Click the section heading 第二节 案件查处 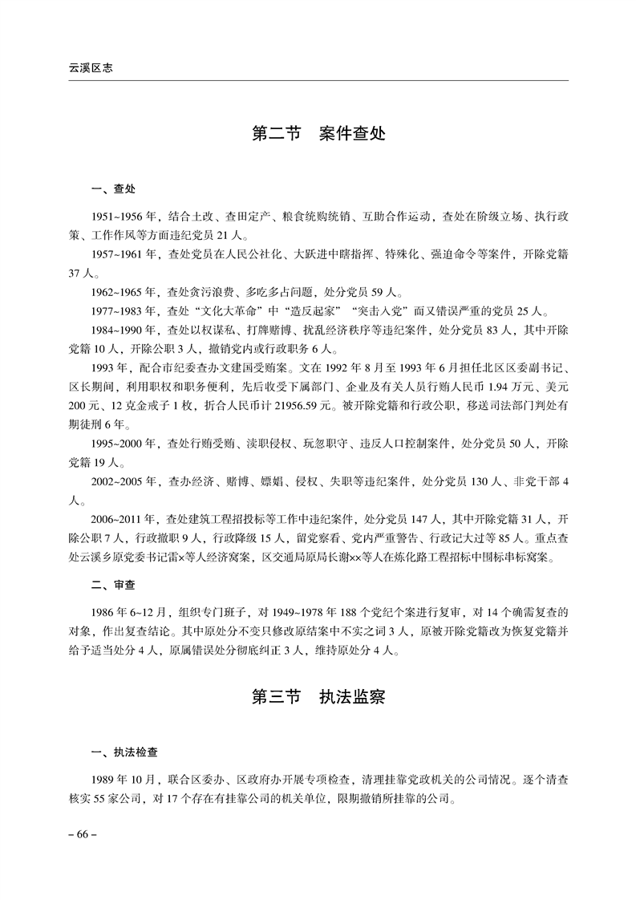(x=318, y=133)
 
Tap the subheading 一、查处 (x=114, y=190)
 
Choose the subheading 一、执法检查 (x=125, y=752)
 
